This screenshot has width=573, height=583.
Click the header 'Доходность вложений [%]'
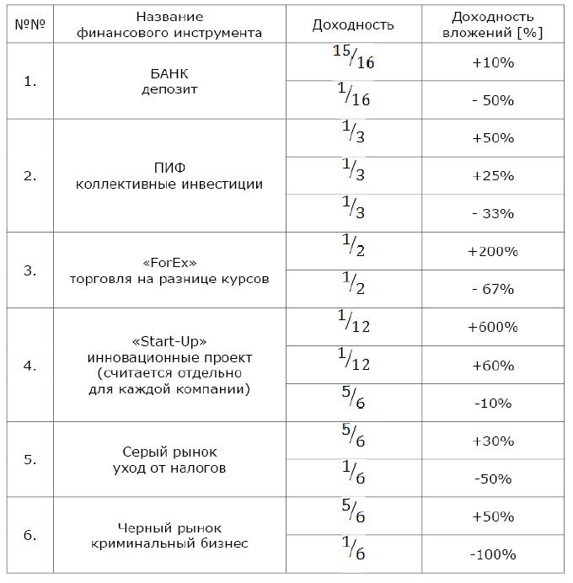(x=493, y=24)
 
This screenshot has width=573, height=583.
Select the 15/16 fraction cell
(x=353, y=62)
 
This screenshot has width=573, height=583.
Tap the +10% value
(x=493, y=62)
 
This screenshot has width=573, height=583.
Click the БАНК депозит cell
(x=169, y=81)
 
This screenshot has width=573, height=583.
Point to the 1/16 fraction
(x=353, y=99)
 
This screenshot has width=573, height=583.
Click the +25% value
(x=493, y=175)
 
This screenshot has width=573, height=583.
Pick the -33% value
(x=493, y=213)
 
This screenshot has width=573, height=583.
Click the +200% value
(x=493, y=251)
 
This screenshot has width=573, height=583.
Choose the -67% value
(x=493, y=289)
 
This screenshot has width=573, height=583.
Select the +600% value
(x=493, y=327)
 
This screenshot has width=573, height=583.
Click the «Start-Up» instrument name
(x=169, y=341)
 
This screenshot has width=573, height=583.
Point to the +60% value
(x=493, y=365)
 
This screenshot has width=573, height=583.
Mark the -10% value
(x=493, y=403)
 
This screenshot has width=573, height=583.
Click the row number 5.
(x=29, y=459)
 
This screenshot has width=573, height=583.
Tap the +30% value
(x=493, y=441)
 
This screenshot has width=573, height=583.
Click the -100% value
(x=493, y=554)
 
